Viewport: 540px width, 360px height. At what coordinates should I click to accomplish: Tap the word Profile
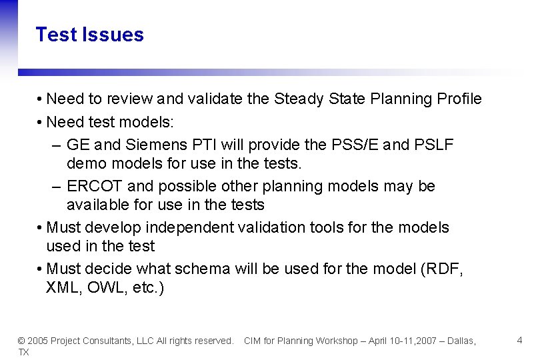[x=459, y=99]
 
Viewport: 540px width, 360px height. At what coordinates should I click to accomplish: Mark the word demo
[x=85, y=163]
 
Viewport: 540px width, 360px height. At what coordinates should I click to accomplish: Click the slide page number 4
[x=519, y=341]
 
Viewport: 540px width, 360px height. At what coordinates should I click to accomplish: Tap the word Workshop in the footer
[x=337, y=341]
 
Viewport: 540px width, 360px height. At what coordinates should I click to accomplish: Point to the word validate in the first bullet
[x=215, y=99]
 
